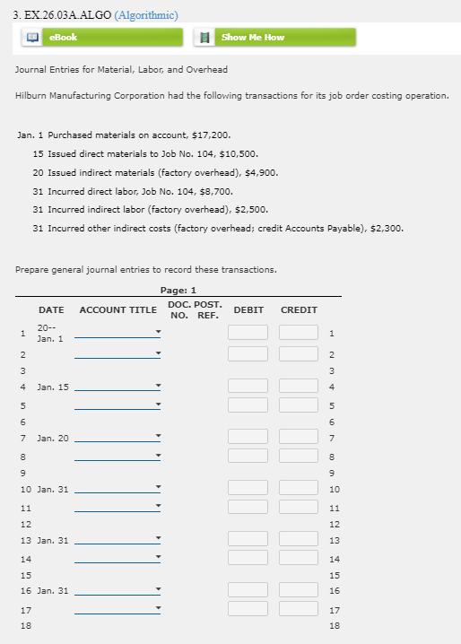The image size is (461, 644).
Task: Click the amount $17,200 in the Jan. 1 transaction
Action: click(x=212, y=135)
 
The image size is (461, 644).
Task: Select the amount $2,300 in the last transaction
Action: click(x=387, y=228)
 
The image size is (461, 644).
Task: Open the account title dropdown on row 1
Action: click(x=117, y=333)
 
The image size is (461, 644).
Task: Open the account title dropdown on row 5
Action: click(x=117, y=405)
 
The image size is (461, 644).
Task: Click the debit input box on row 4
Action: click(x=248, y=387)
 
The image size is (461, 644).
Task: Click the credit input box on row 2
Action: click(x=299, y=353)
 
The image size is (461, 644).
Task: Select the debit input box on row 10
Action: click(x=248, y=489)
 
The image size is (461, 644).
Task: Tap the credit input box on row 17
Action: click(x=299, y=610)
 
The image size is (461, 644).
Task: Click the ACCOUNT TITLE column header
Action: click(x=117, y=309)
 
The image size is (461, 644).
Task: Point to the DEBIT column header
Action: click(x=248, y=309)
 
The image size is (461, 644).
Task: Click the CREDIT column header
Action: click(x=299, y=309)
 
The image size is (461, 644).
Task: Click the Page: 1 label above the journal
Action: click(x=178, y=290)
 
